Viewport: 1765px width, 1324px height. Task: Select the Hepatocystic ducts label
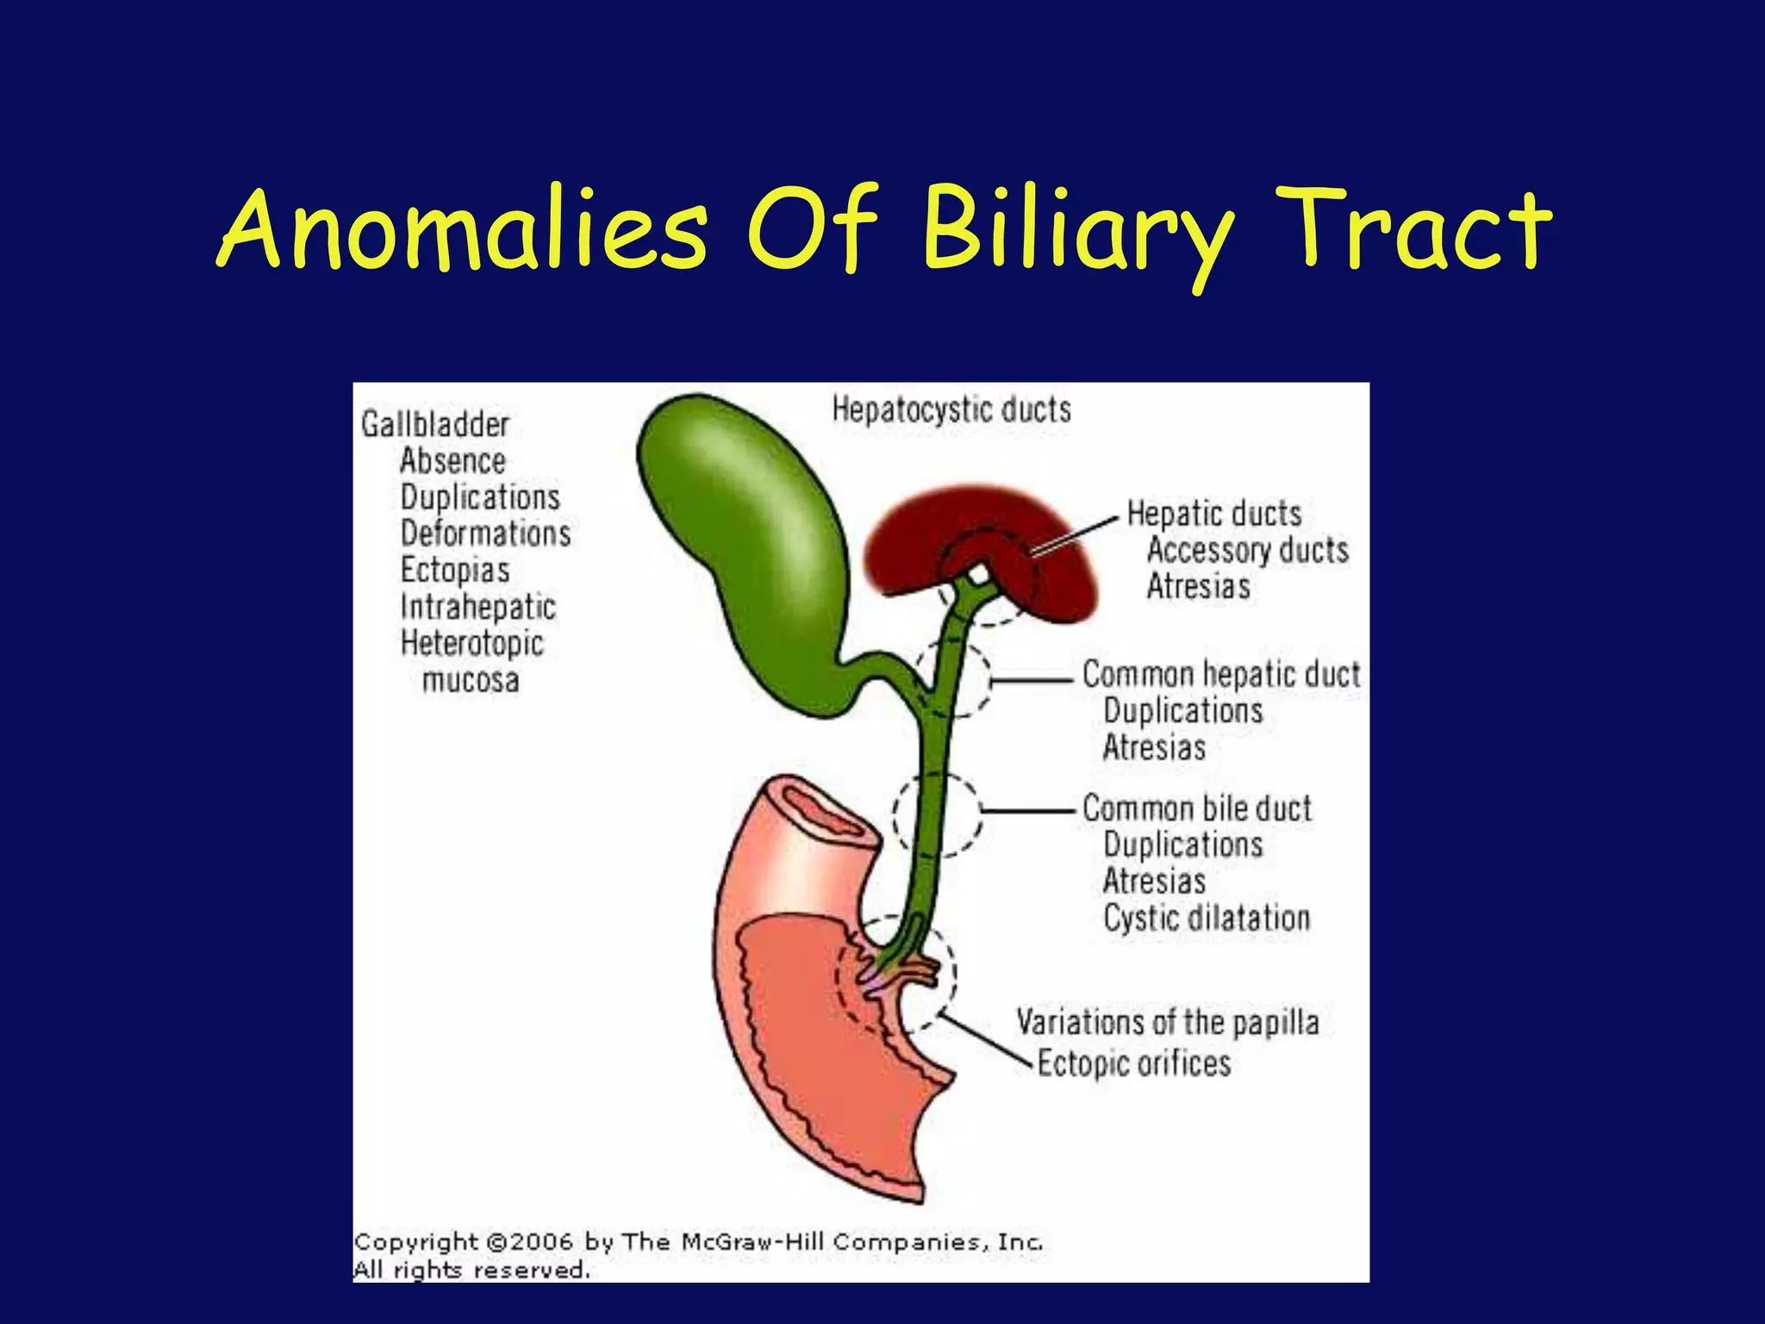point(951,410)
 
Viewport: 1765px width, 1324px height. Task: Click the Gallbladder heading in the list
point(435,425)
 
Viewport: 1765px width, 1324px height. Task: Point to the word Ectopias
point(455,571)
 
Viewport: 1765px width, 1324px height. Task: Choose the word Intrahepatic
point(478,608)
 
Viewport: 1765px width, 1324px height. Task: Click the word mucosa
point(471,681)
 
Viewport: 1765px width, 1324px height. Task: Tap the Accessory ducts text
point(1247,551)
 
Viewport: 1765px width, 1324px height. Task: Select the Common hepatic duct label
point(1221,674)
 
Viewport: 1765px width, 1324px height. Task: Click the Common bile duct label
point(1197,809)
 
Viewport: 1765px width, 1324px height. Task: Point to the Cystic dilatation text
point(1207,919)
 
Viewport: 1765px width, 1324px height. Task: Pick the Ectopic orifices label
point(1133,1064)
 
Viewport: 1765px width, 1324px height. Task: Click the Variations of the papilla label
point(1168,1023)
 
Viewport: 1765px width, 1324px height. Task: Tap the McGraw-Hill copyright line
point(698,1242)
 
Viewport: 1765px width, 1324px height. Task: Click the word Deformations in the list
point(485,534)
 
